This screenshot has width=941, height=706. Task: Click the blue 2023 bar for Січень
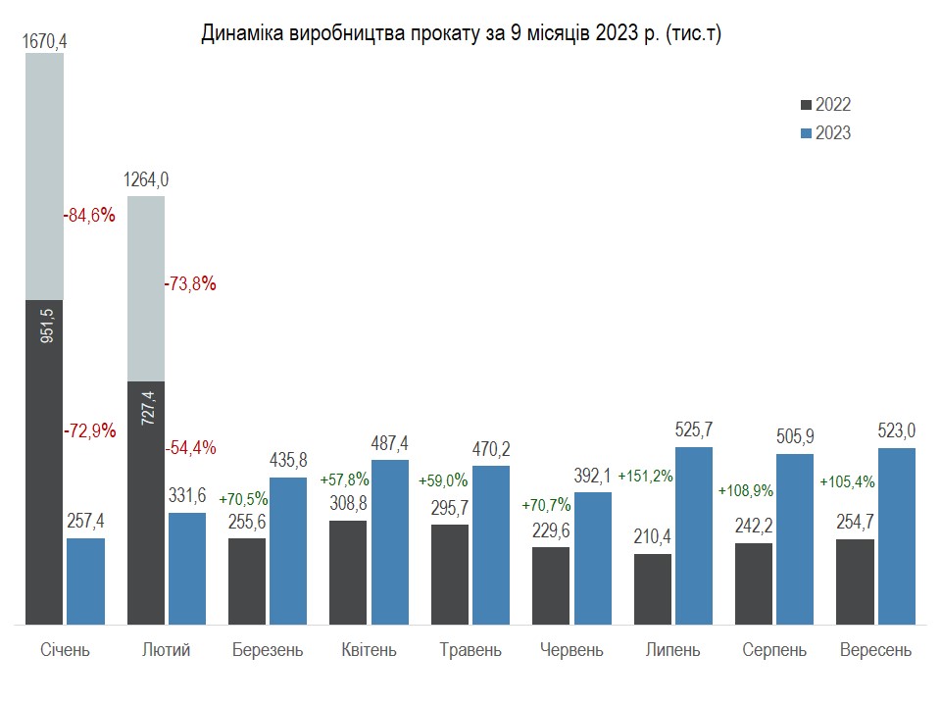point(85,580)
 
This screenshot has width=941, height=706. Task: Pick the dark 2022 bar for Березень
point(247,580)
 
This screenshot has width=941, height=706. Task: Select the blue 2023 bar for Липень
point(693,535)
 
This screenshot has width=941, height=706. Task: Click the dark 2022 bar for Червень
point(551,585)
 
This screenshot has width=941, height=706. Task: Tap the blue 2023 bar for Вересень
point(897,535)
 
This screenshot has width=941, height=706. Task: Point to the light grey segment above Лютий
point(146,288)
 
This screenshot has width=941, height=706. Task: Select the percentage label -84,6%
point(89,216)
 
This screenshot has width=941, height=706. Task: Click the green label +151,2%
point(645,477)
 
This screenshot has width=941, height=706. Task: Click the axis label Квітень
point(369,650)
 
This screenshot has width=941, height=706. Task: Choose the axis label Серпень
point(774,650)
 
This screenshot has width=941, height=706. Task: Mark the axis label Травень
point(470,650)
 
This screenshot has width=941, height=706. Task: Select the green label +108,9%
point(746,489)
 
